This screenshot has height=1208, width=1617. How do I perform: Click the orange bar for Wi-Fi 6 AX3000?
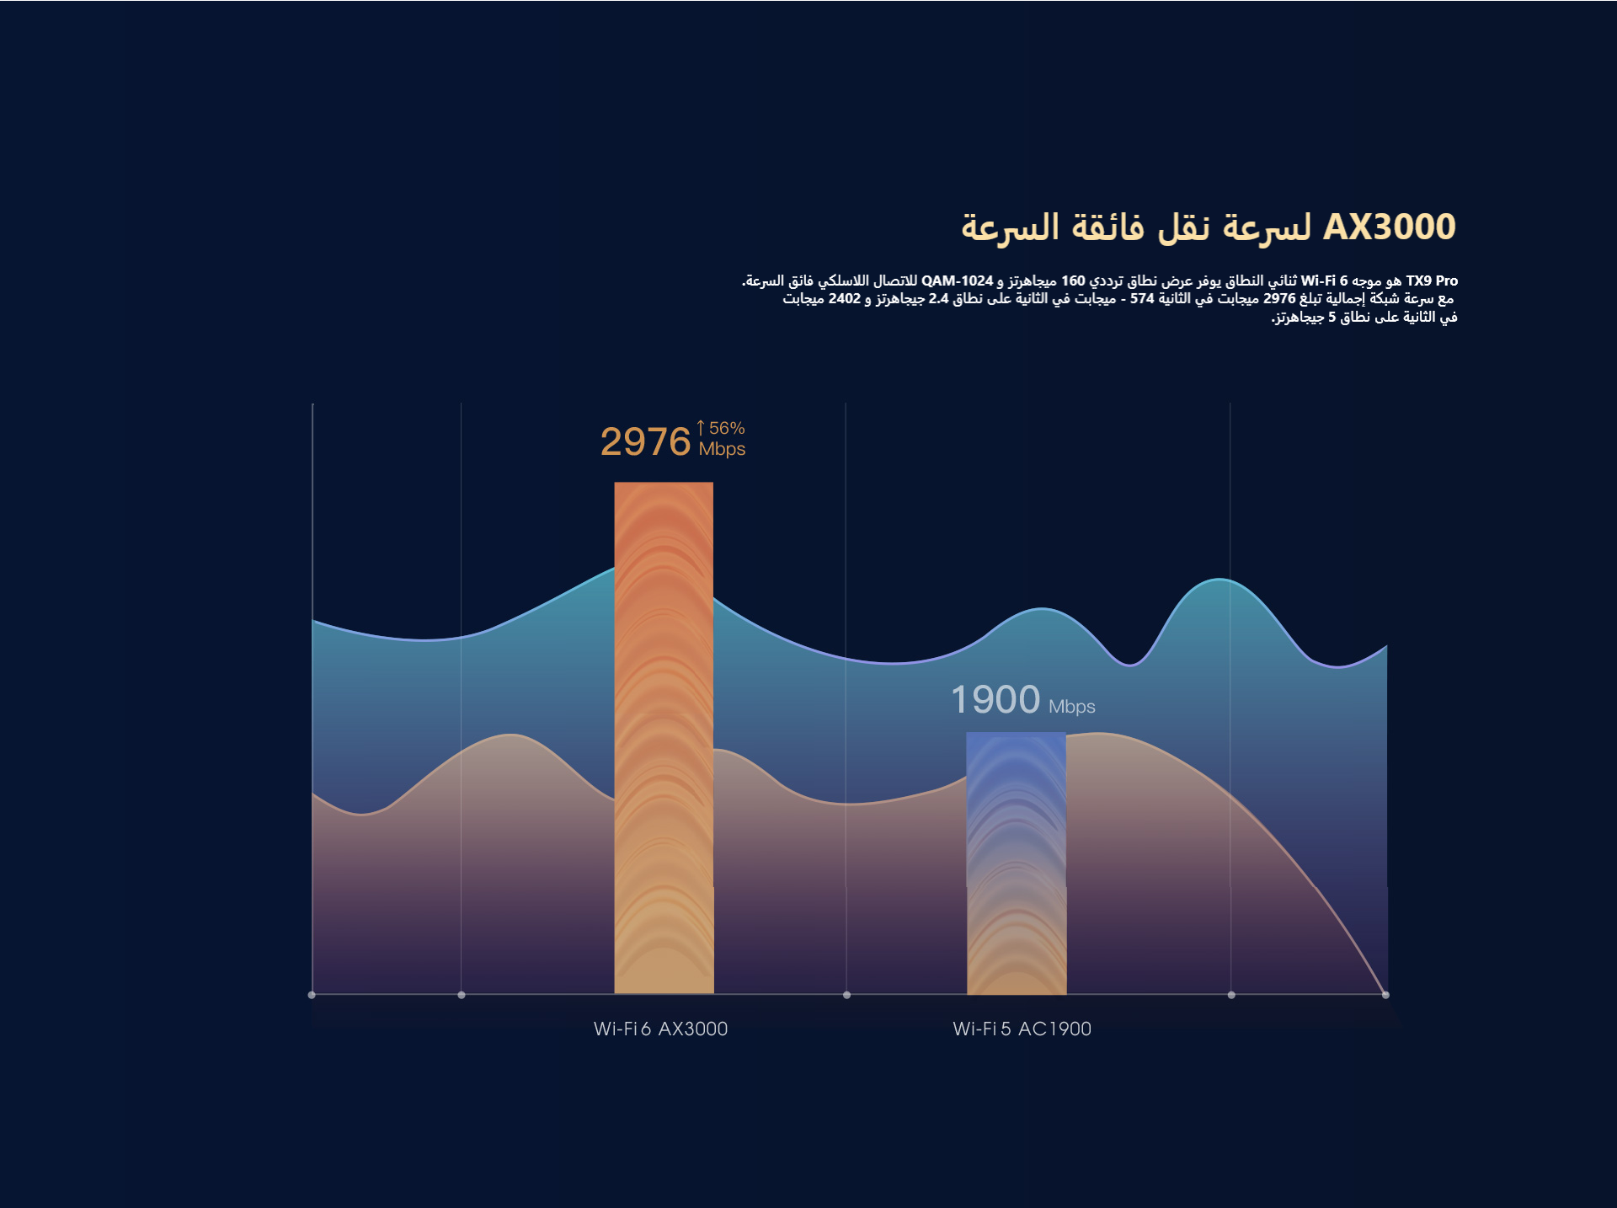point(664,737)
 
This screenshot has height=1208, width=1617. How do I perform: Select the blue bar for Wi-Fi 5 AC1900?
point(1016,863)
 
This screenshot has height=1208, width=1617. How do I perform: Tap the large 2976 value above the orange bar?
point(645,442)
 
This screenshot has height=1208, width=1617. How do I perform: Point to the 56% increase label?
point(727,428)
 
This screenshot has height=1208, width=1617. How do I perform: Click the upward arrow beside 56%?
point(701,428)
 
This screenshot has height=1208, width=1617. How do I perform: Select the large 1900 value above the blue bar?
point(995,700)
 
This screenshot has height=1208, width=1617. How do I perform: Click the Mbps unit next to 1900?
point(1071,707)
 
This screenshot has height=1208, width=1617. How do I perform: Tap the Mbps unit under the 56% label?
point(722,449)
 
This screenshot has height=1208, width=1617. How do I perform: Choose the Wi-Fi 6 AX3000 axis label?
point(660,1029)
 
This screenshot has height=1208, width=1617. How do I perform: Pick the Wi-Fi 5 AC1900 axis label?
point(1022,1029)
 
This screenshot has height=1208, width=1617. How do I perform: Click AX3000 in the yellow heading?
point(1390,227)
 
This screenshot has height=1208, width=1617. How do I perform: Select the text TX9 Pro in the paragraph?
point(1432,281)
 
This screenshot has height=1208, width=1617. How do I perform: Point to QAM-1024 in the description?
point(958,281)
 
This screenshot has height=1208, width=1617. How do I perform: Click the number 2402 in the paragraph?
point(844,299)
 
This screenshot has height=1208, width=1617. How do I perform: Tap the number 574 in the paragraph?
point(1142,299)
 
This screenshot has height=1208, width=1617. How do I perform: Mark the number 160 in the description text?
point(1073,281)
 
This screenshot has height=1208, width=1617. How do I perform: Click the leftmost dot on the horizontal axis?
point(312,995)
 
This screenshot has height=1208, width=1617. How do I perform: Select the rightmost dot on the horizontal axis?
point(1385,995)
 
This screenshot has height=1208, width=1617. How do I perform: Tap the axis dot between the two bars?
point(846,995)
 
